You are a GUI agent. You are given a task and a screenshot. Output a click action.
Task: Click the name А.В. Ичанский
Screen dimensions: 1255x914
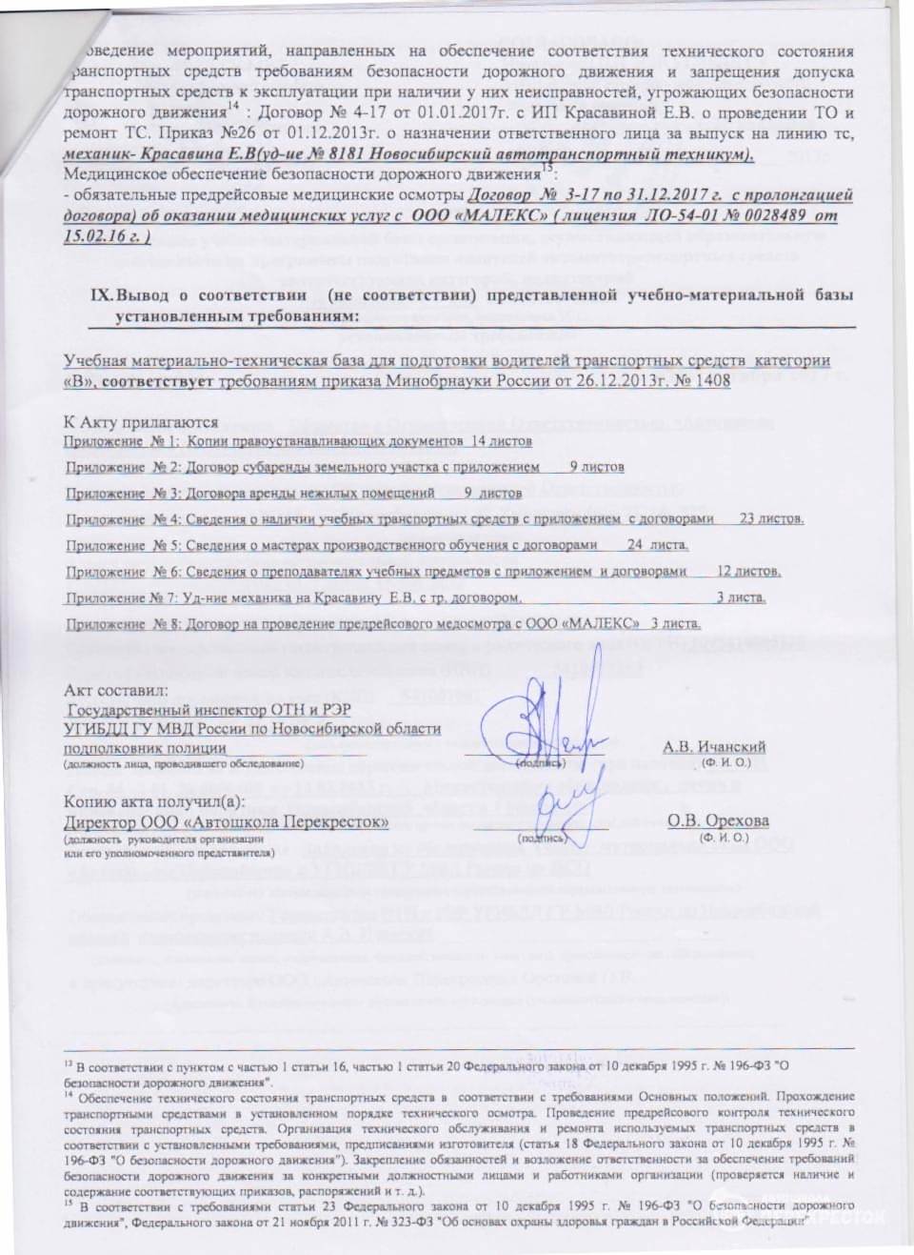tap(713, 747)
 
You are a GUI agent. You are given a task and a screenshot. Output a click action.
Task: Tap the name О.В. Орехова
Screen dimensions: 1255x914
tap(718, 821)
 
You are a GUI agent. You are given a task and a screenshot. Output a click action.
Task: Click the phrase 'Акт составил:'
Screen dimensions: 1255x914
tap(115, 689)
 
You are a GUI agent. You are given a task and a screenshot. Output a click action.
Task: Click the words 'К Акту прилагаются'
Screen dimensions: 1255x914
tap(140, 422)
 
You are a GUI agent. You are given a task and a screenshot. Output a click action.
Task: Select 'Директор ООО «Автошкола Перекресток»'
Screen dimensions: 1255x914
tap(226, 821)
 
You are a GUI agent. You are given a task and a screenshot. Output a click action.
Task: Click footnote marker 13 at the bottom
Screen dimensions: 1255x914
tap(68, 1061)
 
